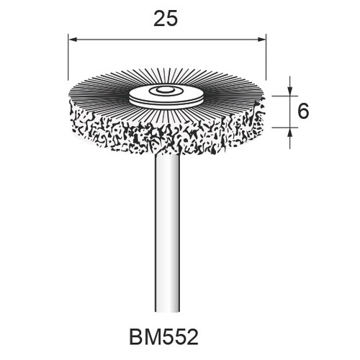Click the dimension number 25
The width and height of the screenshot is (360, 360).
coord(166,19)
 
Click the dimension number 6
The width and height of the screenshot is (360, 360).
coord(303,112)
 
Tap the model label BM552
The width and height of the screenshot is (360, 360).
coord(164,337)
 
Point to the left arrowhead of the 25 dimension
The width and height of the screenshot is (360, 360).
coord(73,40)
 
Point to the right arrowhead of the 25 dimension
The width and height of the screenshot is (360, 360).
coord(261,40)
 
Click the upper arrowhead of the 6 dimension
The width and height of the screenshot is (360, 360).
coord(290,91)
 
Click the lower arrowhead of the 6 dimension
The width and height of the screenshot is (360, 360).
coord(290,132)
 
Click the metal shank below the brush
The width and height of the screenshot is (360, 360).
coord(167,221)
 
